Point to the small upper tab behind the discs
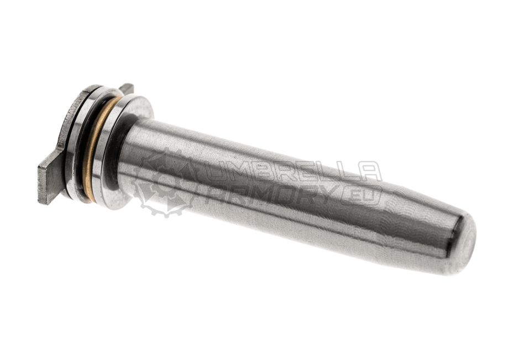(x=127, y=88)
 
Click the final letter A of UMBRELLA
(x=368, y=172)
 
